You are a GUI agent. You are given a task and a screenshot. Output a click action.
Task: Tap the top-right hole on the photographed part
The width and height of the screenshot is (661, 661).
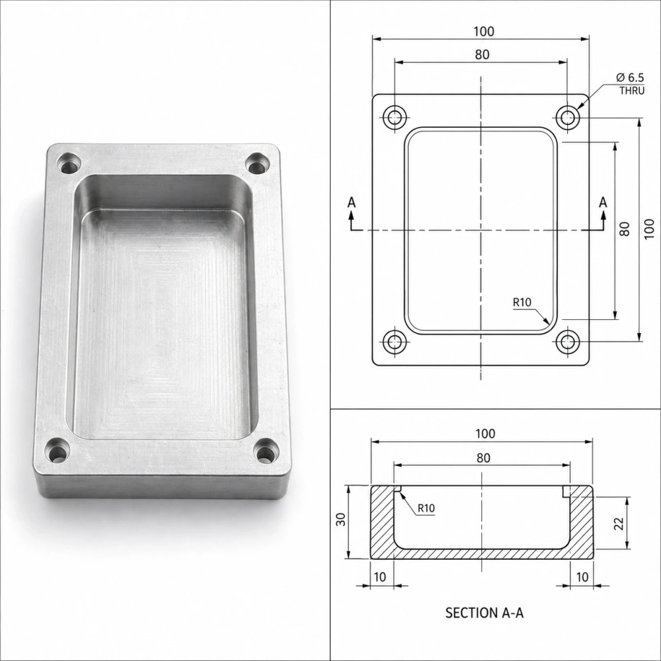[257, 163]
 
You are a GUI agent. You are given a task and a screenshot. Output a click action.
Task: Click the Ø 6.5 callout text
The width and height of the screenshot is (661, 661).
[630, 77]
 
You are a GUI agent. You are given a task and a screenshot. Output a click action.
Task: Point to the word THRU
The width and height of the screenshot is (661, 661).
[632, 91]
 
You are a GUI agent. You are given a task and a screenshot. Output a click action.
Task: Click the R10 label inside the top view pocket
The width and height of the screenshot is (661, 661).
[522, 302]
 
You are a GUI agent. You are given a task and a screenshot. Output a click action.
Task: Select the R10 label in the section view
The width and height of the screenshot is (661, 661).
[426, 508]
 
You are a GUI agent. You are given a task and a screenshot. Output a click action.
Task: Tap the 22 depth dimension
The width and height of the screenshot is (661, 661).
[619, 524]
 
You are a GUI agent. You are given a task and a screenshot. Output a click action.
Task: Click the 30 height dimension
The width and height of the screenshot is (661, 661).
[341, 519]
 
